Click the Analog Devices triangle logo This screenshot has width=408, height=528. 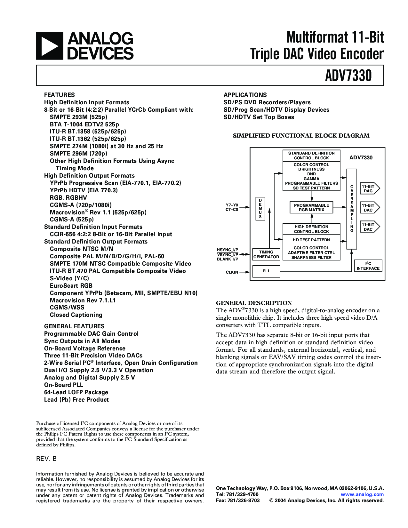pos(50,46)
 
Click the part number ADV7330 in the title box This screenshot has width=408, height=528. pos(348,76)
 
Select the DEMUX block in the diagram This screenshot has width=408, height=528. pos(260,208)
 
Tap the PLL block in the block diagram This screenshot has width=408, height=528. pos(266,271)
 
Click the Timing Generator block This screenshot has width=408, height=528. pos(266,254)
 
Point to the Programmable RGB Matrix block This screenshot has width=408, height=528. pos(311,208)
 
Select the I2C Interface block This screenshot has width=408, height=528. pos(368,266)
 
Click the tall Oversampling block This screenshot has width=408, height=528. pos(352,209)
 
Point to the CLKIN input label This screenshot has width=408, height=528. pos(232,272)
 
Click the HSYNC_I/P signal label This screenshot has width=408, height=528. pos(228,250)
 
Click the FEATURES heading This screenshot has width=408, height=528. pos(59,95)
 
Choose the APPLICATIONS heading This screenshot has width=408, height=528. pos(245,95)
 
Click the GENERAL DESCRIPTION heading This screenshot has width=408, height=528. pos(254,303)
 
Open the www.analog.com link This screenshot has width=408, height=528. pos(362,494)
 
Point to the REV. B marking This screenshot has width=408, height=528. pos(46,459)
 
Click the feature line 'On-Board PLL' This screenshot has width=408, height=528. pos(64,385)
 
